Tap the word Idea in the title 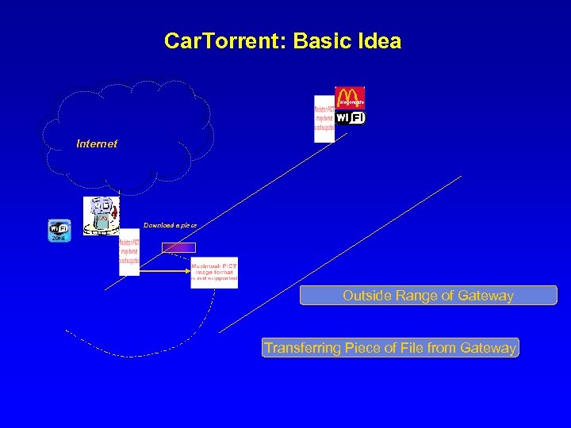point(378,41)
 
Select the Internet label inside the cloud point(97,143)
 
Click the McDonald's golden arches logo point(350,97)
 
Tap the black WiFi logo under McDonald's point(350,117)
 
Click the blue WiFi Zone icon point(59,231)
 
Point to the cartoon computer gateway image point(102,216)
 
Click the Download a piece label point(170,225)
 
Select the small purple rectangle point(178,247)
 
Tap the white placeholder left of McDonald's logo point(324,119)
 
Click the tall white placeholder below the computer point(129,251)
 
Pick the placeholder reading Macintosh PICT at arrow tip point(214,272)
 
